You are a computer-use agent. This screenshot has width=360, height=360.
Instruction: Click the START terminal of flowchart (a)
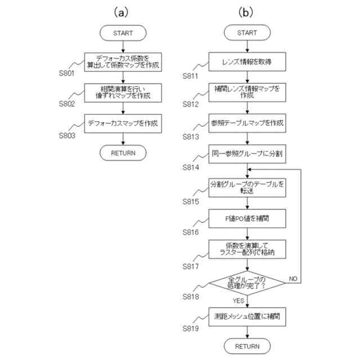(123, 33)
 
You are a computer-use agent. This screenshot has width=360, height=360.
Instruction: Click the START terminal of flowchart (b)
(247, 33)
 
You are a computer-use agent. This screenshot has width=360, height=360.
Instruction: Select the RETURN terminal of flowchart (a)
(123, 152)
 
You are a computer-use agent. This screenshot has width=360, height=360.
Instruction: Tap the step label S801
(67, 74)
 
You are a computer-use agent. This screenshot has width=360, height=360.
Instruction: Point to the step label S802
(67, 104)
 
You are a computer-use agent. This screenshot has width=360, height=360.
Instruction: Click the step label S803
(67, 135)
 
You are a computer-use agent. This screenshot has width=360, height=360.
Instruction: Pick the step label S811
(191, 75)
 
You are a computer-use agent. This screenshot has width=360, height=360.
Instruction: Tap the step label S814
(191, 167)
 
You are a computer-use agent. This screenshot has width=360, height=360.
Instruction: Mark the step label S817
(191, 264)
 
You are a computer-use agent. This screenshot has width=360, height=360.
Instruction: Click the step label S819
(191, 327)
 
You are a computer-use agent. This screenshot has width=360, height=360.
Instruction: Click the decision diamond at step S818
(247, 283)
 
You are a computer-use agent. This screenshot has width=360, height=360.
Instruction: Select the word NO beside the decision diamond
(293, 278)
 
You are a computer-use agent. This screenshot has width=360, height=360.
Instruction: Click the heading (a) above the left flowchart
(123, 11)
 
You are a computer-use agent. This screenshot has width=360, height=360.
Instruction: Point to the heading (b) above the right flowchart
(247, 11)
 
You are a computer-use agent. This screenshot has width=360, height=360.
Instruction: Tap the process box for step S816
(247, 217)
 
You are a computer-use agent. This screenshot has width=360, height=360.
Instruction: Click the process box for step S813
(247, 123)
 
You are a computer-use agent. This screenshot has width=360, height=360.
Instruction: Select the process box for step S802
(123, 92)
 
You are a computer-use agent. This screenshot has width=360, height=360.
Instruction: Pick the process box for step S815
(247, 187)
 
